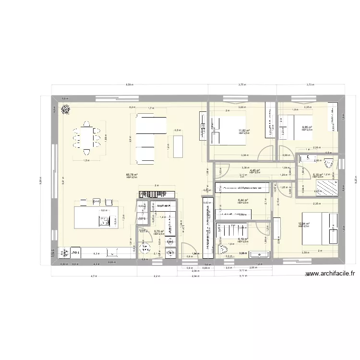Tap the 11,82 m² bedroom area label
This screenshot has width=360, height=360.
[x=245, y=131]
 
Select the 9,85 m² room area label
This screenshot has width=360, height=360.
[x=307, y=127]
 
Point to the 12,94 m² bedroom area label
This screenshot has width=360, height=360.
[x=304, y=224]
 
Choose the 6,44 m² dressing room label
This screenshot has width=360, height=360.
[x=243, y=201]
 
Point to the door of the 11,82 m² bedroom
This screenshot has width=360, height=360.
[x=264, y=154]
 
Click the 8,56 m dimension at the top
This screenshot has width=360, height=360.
[x=129, y=84]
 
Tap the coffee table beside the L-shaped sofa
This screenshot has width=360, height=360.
[x=178, y=146]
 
